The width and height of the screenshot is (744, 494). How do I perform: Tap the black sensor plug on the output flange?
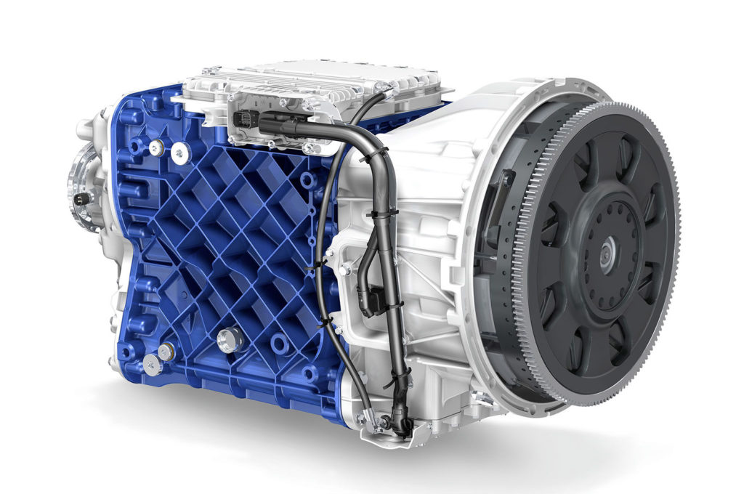pos(81,197)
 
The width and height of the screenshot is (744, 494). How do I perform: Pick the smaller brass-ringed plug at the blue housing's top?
pos(155,147)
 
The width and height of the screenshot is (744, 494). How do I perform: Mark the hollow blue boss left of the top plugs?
pos(134,146)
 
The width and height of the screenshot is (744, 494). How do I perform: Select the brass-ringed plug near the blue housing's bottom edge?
pos(166,350)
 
